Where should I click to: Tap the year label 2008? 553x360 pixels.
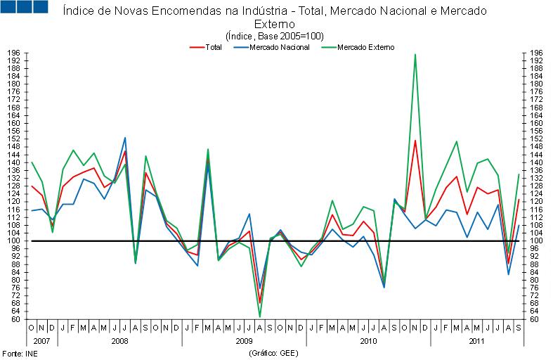[119, 340]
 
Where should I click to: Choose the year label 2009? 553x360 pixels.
[244, 340]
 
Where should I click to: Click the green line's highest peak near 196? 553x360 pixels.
[415, 54]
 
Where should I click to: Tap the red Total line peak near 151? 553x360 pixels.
[415, 141]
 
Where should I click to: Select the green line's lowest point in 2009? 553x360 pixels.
[260, 316]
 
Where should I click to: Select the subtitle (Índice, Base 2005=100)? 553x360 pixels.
[275, 36]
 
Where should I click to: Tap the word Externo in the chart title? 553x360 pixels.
[275, 24]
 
